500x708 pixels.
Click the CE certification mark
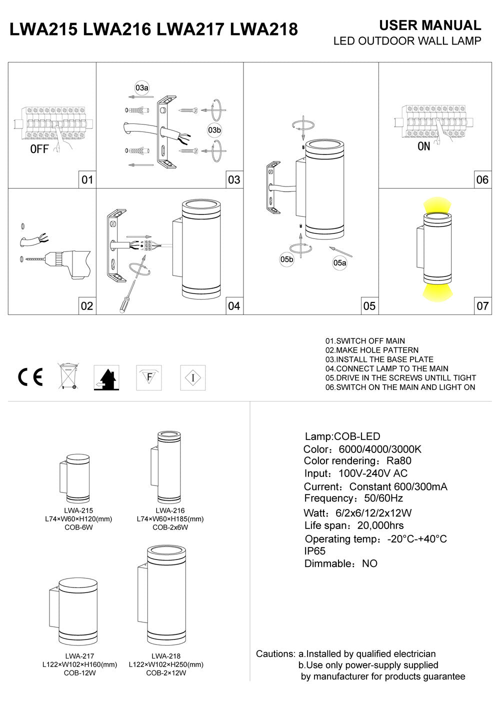point(30,377)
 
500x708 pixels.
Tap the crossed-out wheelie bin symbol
point(68,376)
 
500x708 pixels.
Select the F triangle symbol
point(149,377)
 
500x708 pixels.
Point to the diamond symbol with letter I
point(193,377)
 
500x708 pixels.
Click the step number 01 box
point(87,179)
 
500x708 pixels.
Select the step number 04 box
point(234,306)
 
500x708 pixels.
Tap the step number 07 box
point(482,306)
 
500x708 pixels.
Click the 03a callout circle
point(142,88)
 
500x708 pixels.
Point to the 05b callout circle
point(286,259)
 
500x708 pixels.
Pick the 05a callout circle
point(340,262)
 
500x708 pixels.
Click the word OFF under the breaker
point(39,149)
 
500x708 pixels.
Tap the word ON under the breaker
point(423,147)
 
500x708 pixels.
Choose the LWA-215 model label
point(78,510)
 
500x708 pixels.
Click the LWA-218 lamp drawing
point(166,595)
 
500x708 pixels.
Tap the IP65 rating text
point(315,551)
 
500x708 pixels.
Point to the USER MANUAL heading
point(430,25)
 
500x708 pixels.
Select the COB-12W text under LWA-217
point(79,673)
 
